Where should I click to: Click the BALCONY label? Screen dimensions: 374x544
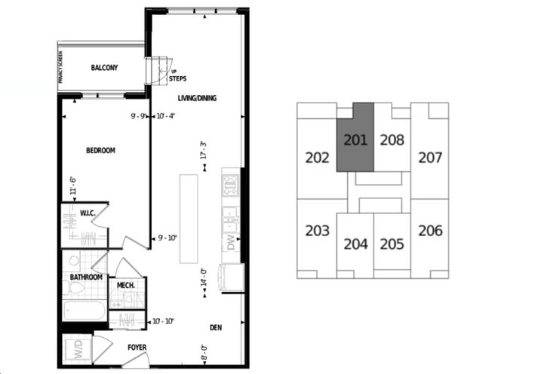pyautogui.click(x=105, y=68)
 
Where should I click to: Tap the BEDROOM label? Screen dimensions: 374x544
pyautogui.click(x=100, y=151)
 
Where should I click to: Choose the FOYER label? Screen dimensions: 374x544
pyautogui.click(x=137, y=348)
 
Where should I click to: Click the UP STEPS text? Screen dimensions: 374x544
pyautogui.click(x=178, y=75)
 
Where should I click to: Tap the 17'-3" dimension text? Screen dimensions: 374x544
pyautogui.click(x=203, y=150)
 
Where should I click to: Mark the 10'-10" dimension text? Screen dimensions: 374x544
pyautogui.click(x=164, y=321)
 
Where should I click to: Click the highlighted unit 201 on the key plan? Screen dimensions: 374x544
pyautogui.click(x=355, y=139)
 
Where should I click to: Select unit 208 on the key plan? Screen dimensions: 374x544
pyautogui.click(x=392, y=139)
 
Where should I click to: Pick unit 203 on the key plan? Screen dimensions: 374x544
pyautogui.click(x=318, y=230)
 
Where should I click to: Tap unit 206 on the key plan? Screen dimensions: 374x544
pyautogui.click(x=429, y=230)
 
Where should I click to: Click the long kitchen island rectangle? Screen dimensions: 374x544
pyautogui.click(x=189, y=219)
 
